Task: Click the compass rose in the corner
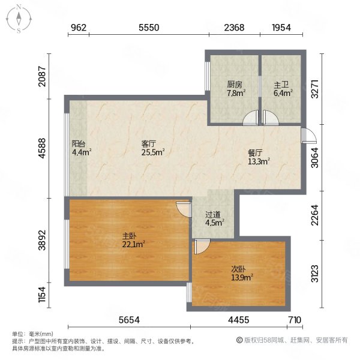click(19, 19)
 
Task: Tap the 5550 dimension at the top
click(149, 28)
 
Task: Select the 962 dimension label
click(79, 28)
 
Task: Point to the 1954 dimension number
click(281, 28)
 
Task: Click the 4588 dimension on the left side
click(42, 148)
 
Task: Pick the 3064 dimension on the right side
click(314, 158)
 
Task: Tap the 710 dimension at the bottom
click(294, 320)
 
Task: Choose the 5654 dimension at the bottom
click(129, 320)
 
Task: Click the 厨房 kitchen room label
click(235, 85)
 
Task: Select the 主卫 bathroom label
click(281, 85)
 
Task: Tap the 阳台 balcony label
click(79, 144)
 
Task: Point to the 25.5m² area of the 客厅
click(153, 152)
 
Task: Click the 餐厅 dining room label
click(255, 153)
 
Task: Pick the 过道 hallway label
click(213, 215)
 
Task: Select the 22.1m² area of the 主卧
click(133, 245)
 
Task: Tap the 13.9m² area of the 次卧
click(242, 278)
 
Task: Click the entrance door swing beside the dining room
click(309, 136)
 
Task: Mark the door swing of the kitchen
click(251, 118)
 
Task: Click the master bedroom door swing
click(184, 209)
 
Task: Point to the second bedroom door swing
click(202, 247)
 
